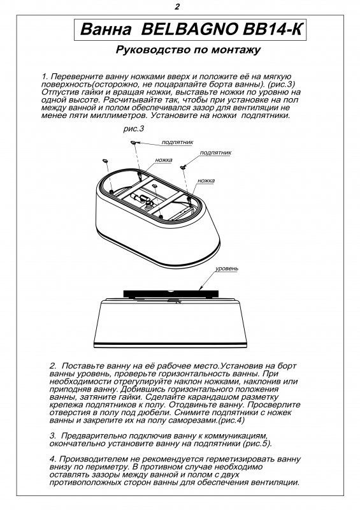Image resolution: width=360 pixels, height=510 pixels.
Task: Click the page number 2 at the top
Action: point(177,7)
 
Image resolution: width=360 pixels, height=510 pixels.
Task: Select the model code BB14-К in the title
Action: point(272,29)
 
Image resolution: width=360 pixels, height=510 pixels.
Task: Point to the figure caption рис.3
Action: point(134,129)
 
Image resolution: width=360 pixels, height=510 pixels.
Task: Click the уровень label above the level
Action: point(227,269)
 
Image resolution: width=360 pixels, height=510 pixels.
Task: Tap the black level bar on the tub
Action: point(171,293)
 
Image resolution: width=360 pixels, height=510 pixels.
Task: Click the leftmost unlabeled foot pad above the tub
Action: point(105,161)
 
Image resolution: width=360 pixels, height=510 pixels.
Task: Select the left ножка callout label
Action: point(164,160)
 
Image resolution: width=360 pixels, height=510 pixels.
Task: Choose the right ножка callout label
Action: point(206,180)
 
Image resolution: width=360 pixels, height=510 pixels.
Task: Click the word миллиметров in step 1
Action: point(118,115)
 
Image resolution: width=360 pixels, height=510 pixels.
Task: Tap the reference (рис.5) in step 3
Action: point(257,444)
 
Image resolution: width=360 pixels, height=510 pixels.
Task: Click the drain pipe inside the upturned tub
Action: point(143,198)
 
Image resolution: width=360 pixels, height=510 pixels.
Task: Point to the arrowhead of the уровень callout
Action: point(201,288)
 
